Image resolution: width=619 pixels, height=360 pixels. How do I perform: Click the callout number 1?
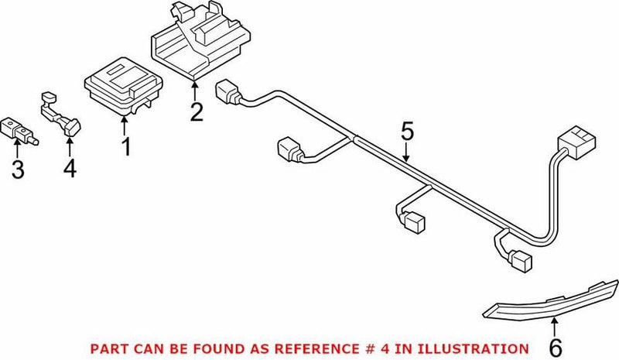click(125, 145)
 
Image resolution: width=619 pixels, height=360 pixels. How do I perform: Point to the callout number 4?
click(70, 168)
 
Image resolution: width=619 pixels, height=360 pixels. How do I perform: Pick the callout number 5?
click(407, 131)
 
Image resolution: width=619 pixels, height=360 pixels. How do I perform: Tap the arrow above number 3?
click(17, 148)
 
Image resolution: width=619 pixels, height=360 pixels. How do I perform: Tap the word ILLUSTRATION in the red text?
click(484, 348)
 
